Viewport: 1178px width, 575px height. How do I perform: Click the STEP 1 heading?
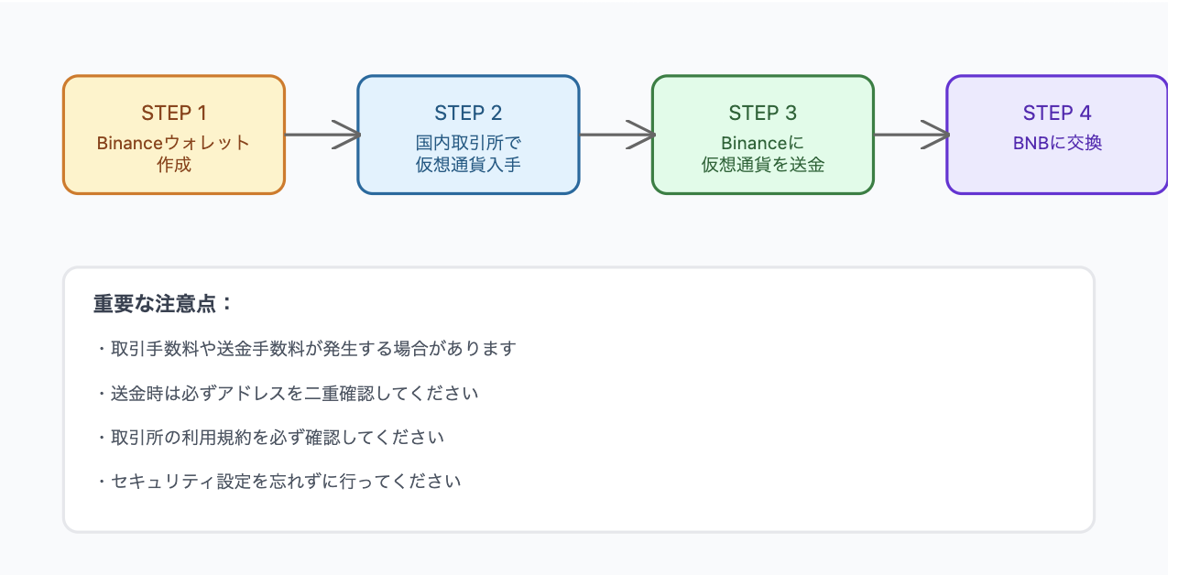[x=173, y=114]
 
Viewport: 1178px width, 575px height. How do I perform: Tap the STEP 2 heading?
[x=468, y=114]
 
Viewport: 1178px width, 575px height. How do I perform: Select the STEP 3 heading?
[x=762, y=114]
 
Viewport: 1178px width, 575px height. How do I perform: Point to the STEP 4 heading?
[x=1057, y=114]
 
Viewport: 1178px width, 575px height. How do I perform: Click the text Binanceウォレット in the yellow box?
[x=173, y=143]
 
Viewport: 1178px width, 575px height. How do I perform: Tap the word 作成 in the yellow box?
[x=173, y=166]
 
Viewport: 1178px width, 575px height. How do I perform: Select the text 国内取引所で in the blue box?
[x=468, y=143]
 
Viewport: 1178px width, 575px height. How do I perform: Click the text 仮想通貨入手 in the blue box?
[x=468, y=166]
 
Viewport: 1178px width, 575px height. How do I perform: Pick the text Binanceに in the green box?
[x=762, y=143]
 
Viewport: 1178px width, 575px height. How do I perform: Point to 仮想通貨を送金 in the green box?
[x=762, y=166]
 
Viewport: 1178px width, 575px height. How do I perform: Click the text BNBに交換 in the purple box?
[x=1057, y=143]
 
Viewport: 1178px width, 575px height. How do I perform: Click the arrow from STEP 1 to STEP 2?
[x=322, y=135]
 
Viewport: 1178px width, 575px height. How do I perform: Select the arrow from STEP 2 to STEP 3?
[x=616, y=135]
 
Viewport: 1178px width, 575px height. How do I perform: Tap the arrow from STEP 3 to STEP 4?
[x=911, y=135]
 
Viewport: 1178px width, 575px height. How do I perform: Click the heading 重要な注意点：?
[x=163, y=304]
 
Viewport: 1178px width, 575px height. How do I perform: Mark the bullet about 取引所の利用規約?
[x=269, y=438]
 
